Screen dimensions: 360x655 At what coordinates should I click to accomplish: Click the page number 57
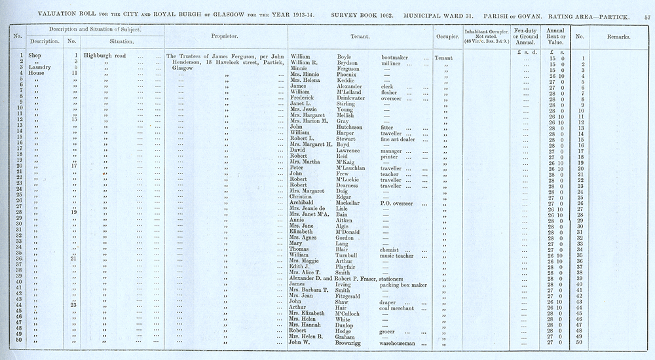coord(645,13)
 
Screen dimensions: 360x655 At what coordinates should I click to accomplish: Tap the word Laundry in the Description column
coord(31,67)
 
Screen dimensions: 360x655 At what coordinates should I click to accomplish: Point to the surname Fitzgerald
coord(353,295)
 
